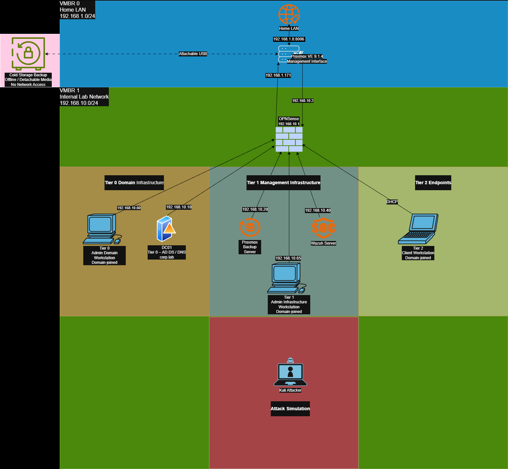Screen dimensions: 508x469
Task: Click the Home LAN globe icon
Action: tap(289, 15)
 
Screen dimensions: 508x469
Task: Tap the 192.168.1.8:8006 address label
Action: tap(289, 39)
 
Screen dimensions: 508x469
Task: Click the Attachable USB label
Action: tap(193, 54)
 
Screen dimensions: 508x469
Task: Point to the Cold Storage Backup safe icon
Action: tap(28, 53)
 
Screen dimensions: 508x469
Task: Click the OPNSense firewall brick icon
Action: tap(289, 139)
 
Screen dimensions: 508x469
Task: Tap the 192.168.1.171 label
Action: tap(278, 75)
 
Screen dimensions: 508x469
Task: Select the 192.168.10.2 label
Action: tap(303, 101)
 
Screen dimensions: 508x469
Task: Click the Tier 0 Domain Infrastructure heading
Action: tap(134, 183)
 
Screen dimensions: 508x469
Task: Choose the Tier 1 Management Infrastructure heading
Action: tap(283, 183)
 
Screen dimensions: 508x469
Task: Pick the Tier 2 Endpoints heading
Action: tap(433, 183)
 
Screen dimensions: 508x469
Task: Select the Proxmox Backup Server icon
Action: tap(250, 227)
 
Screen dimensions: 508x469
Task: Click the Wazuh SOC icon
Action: tap(324, 228)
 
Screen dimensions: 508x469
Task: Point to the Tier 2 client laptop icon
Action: tap(418, 229)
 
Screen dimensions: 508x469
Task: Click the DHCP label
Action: tap(392, 202)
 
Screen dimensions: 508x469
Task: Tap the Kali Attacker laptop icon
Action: tap(290, 372)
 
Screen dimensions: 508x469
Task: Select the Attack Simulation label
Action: tap(290, 409)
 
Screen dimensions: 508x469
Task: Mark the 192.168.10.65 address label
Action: tap(288, 258)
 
